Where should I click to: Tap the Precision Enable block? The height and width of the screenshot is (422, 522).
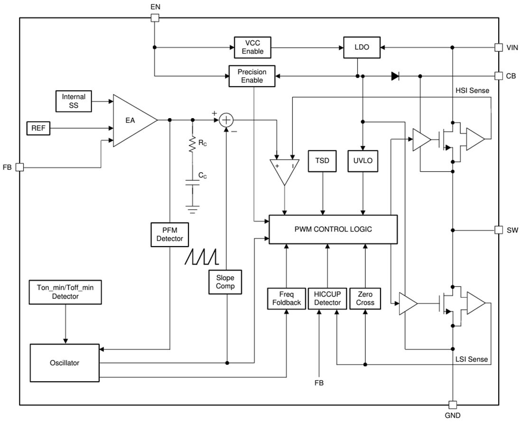[x=252, y=76]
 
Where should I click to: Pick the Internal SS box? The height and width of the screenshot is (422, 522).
[x=74, y=101]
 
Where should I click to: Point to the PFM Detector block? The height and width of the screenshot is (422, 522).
[x=169, y=235]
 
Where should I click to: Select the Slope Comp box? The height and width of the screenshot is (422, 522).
[x=225, y=282]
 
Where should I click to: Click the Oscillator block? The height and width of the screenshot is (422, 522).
[x=65, y=363]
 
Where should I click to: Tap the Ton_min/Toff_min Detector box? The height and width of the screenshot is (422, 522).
[x=65, y=292]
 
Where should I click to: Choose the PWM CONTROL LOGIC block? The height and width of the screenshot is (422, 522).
[x=333, y=229]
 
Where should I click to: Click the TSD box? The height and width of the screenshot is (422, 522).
[x=323, y=160]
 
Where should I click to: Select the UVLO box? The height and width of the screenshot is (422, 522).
[x=363, y=160]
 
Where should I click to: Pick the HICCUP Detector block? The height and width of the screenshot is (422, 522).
[x=327, y=298]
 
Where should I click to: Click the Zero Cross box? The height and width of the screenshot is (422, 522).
[x=365, y=298]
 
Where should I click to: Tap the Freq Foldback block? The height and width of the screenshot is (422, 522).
[x=286, y=298]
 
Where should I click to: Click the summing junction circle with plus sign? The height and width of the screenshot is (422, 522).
[x=227, y=120]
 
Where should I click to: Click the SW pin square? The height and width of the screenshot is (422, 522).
[x=498, y=230]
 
